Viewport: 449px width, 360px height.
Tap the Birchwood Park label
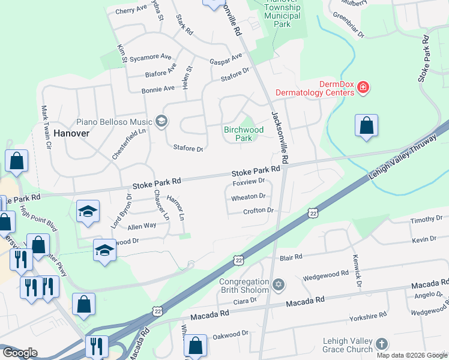244,134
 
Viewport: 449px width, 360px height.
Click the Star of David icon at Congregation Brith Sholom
278,283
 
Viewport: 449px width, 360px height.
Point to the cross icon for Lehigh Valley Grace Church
381,345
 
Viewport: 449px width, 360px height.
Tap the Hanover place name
71,133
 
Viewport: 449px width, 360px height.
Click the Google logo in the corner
20,353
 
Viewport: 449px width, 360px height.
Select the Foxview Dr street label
249,181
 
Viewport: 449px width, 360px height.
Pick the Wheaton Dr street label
248,196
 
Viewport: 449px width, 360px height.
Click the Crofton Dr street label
258,211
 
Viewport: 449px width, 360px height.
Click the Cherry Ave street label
131,10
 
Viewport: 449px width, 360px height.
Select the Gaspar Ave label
225,59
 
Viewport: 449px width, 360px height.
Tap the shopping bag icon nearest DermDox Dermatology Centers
366,126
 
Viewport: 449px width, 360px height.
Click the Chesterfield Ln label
121,144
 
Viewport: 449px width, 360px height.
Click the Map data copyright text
411,354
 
